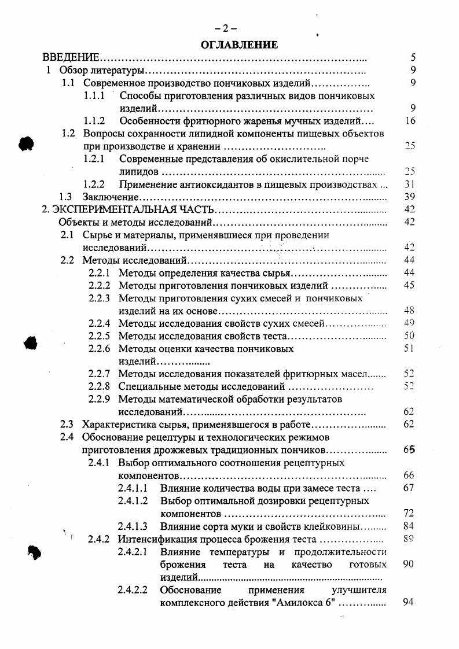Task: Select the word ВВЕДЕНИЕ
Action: click(71, 58)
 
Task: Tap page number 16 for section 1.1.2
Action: click(411, 121)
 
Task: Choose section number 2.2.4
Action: click(99, 323)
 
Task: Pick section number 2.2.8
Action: click(99, 386)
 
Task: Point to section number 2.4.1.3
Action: click(133, 526)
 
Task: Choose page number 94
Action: click(408, 603)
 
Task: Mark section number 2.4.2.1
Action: click(133, 552)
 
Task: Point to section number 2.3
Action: click(68, 425)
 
